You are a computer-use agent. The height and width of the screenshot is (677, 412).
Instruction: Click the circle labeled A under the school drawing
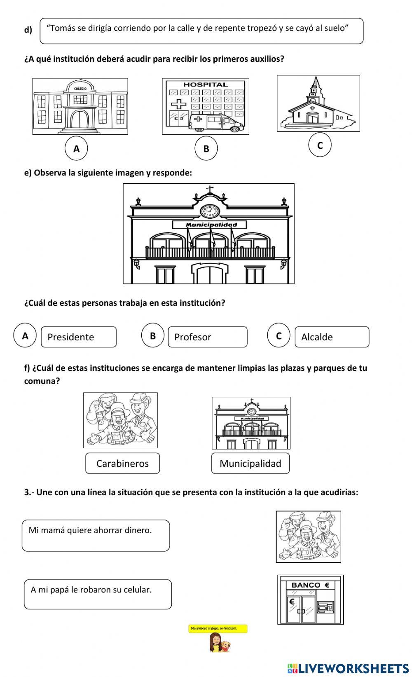76,149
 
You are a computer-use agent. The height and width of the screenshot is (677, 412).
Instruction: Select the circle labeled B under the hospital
206,149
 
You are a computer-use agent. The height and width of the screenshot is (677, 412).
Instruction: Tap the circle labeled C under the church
320,145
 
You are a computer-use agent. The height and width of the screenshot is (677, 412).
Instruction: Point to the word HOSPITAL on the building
205,84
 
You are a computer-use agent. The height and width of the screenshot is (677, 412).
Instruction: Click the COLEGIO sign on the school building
80,89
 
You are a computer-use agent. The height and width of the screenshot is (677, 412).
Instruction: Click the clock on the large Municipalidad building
210,211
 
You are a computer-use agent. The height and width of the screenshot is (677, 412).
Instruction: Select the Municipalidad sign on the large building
210,225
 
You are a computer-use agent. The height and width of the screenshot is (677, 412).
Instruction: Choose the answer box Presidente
79,337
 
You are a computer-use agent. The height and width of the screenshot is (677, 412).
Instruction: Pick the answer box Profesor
208,337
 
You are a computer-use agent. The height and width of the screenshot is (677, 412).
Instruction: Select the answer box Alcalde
332,337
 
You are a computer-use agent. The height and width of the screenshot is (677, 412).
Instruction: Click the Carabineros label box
122,463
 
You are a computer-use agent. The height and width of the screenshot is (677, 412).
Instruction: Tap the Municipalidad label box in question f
250,463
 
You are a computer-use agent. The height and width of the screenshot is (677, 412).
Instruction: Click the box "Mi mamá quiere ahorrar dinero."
96,535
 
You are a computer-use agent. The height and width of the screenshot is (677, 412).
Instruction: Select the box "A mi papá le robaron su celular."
98,594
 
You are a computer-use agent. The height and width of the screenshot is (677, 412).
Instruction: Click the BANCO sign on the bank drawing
311,585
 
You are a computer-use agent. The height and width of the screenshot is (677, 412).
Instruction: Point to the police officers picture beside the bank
308,536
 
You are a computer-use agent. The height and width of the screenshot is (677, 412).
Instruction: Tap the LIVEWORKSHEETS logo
348,668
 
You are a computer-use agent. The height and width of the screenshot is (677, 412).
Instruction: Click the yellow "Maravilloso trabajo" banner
218,629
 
